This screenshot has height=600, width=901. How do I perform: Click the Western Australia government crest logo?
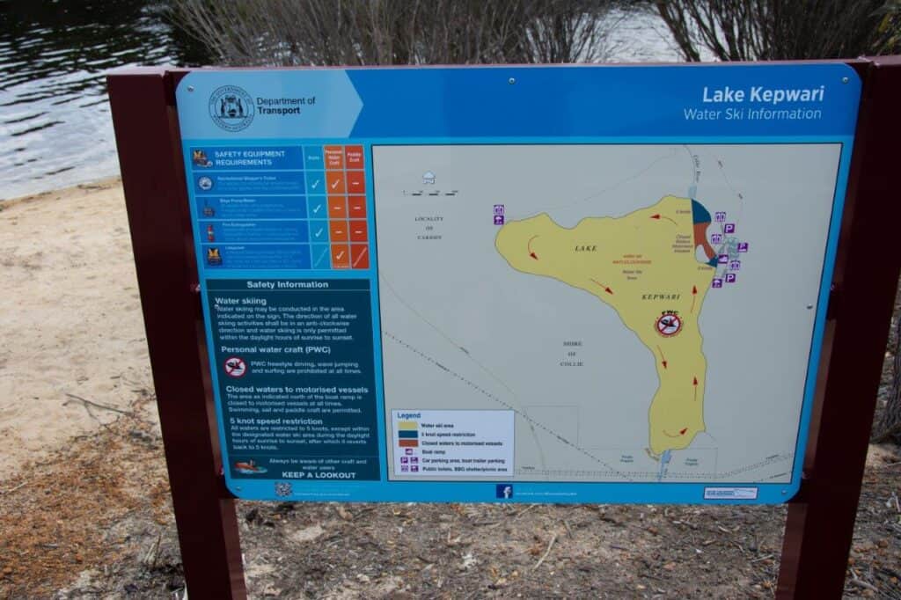click(231, 107)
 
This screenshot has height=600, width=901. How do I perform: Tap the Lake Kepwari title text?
click(762, 94)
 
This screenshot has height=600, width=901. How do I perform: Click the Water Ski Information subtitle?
click(751, 114)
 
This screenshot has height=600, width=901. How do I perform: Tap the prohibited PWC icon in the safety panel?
click(235, 367)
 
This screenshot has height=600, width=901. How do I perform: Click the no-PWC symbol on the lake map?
click(669, 324)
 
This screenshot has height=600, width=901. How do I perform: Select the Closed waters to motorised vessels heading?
click(297, 389)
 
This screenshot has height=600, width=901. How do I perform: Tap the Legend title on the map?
click(409, 415)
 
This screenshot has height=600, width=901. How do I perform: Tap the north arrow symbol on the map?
click(429, 179)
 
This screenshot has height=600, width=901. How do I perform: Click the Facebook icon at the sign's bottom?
click(503, 491)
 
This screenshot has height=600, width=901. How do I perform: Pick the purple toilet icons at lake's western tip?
click(498, 215)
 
